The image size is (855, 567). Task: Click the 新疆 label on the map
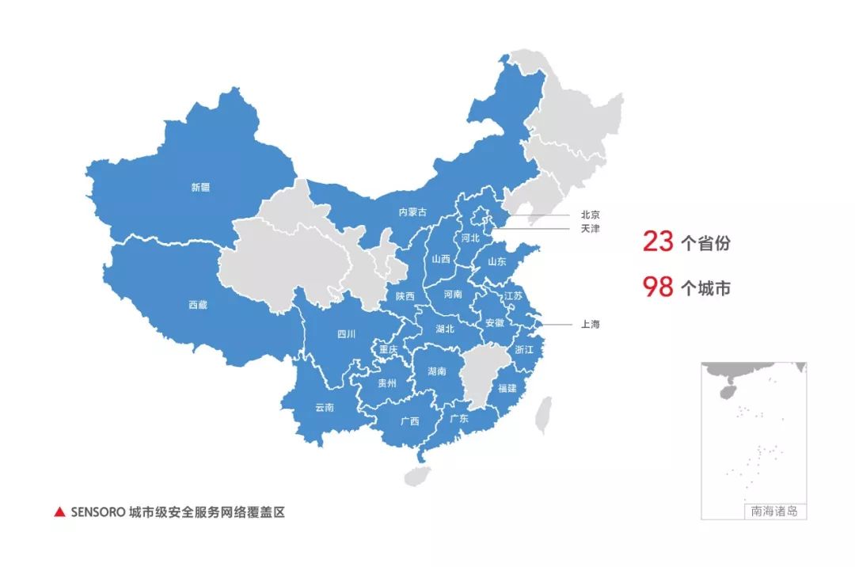point(200,188)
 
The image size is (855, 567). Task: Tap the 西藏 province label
point(198,304)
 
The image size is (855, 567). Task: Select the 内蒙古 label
point(412,212)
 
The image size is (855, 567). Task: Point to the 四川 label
point(347,334)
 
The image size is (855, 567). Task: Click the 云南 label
point(325,408)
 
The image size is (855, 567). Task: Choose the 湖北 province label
point(446,329)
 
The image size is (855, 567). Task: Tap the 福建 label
point(507,389)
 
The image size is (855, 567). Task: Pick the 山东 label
point(497,261)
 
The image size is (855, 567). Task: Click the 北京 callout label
point(591,215)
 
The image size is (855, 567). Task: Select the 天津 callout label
point(591,229)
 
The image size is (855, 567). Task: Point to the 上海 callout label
point(591,324)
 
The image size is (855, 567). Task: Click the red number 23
point(658,242)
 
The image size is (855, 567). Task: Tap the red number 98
point(658,287)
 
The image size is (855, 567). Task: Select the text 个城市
point(705,288)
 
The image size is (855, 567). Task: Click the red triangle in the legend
point(59,512)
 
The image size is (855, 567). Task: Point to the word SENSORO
point(98,512)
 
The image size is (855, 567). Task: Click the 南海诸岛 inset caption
point(774,512)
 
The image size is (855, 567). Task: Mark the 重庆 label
point(389,349)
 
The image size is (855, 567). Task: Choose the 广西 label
point(410,421)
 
